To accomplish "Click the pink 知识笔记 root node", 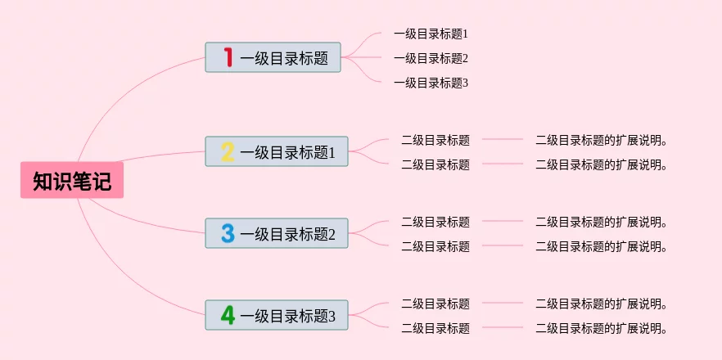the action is click(x=72, y=180).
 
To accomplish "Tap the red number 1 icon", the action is click(x=228, y=57).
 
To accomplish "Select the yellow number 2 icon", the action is click(x=228, y=151).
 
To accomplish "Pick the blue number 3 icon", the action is click(x=228, y=233).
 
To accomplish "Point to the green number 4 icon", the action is click(x=228, y=315).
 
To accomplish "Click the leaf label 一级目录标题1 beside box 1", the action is click(x=431, y=34).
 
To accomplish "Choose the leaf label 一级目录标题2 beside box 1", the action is click(x=431, y=58).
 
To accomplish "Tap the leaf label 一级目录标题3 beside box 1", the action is click(x=431, y=83).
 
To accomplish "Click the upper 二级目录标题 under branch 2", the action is click(x=435, y=140).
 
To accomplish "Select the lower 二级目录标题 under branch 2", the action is click(x=435, y=164).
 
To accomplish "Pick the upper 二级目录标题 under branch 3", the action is click(x=435, y=222).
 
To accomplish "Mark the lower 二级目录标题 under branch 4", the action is click(x=435, y=328).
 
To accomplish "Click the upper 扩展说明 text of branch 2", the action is click(x=602, y=140).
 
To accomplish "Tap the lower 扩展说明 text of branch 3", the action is click(x=602, y=246).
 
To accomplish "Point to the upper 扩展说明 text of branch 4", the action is click(x=602, y=304).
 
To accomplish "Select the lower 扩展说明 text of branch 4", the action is click(x=602, y=328).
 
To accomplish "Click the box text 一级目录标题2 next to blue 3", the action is click(x=288, y=234).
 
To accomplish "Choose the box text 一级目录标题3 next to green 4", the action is click(x=288, y=316).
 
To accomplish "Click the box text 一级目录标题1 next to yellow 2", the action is click(x=288, y=152).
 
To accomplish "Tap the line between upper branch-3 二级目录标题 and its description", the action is click(x=503, y=221).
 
